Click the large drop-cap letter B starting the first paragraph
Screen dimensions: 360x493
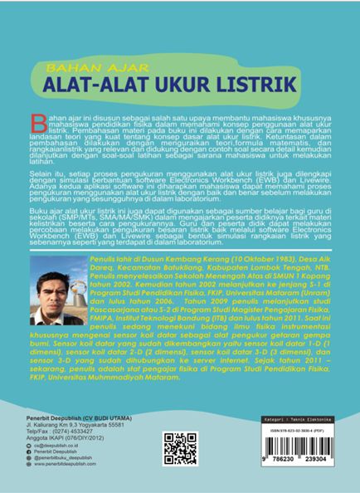tap(28, 118)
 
